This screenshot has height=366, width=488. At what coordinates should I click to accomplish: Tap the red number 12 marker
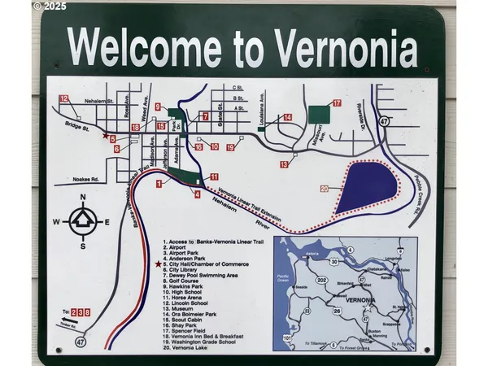point(63,98)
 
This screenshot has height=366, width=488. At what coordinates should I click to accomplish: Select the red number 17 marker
point(336,103)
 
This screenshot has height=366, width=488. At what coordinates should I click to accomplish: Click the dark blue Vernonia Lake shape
point(365,186)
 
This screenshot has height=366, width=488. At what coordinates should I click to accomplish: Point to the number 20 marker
point(324,190)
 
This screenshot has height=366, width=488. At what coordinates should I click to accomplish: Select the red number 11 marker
point(214,176)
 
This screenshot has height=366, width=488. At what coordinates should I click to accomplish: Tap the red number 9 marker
point(158,107)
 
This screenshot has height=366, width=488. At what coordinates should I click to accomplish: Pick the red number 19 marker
point(230,147)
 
